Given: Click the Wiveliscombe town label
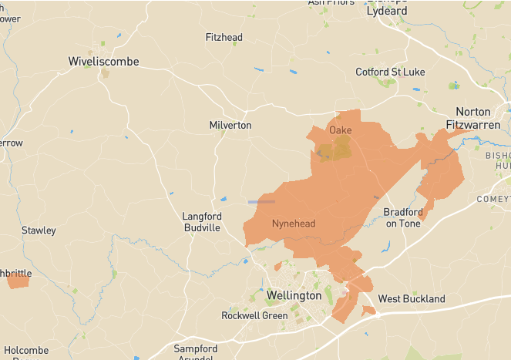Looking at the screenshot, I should pos(103,61).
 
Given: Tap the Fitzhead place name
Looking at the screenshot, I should pos(224,37).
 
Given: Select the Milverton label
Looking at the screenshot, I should pos(230,125).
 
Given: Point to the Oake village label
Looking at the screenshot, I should pos(341,130).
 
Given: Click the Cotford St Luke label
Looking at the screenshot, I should pos(390,72).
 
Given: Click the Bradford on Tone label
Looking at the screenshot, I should pos(402,217).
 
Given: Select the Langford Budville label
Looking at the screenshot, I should pos(201,222).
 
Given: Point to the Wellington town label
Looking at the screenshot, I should pos(293,295).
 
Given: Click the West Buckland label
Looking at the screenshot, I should pos(411,298).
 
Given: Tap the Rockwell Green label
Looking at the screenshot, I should pos(254,315).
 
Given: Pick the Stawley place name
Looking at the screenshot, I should pos(39,230).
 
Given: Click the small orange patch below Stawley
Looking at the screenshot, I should pos(18,281).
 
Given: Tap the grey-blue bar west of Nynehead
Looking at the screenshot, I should pos(261,202).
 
